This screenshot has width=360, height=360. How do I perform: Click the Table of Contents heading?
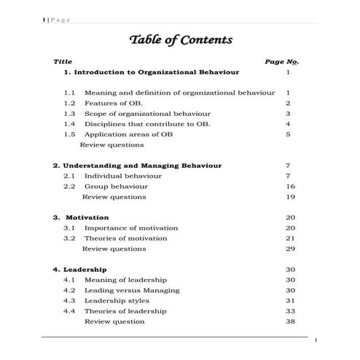click(181, 39)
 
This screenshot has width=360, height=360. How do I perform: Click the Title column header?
click(63, 62)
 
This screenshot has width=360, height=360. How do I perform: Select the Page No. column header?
click(281, 62)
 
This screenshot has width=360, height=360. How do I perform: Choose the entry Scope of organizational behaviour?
click(147, 114)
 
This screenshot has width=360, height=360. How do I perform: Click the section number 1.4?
click(69, 124)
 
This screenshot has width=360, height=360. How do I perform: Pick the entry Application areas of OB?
click(128, 134)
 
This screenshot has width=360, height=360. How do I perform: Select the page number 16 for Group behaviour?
click(290, 187)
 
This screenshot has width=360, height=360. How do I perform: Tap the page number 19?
click(290, 197)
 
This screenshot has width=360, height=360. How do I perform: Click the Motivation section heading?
click(87, 217)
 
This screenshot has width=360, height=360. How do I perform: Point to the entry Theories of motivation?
click(125, 238)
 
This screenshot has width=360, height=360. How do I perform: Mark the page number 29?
click(290, 249)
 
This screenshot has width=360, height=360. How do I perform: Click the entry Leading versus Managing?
click(131, 290)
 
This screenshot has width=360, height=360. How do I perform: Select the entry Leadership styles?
click(119, 300)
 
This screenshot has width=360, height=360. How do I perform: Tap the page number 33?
click(290, 311)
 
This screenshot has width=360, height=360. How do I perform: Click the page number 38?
click(290, 321)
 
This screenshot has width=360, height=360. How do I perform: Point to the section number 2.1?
click(69, 176)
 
